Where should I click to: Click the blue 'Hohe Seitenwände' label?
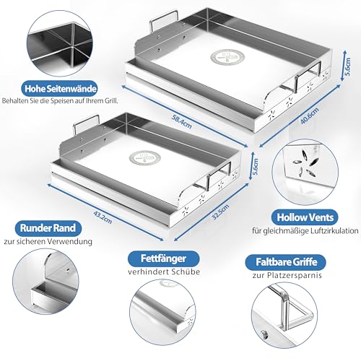click(60, 89)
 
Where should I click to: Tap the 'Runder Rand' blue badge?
click(48, 228)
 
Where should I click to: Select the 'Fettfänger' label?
click(163, 258)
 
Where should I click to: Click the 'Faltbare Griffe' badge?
click(286, 262)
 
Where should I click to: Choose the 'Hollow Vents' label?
click(305, 217)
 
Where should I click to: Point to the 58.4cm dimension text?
click(182, 121)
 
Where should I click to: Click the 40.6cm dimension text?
click(310, 116)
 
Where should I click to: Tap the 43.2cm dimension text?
click(103, 217)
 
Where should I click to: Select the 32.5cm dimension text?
click(220, 212)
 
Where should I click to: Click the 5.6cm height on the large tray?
click(348, 66)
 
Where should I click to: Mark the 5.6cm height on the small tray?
click(256, 167)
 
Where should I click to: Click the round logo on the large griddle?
click(227, 58)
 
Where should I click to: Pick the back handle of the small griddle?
click(87, 123)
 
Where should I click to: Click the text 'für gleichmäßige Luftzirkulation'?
click(305, 231)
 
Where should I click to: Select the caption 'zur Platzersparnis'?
click(287, 275)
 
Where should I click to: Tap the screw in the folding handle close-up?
click(264, 334)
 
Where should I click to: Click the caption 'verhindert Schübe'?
click(164, 271)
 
